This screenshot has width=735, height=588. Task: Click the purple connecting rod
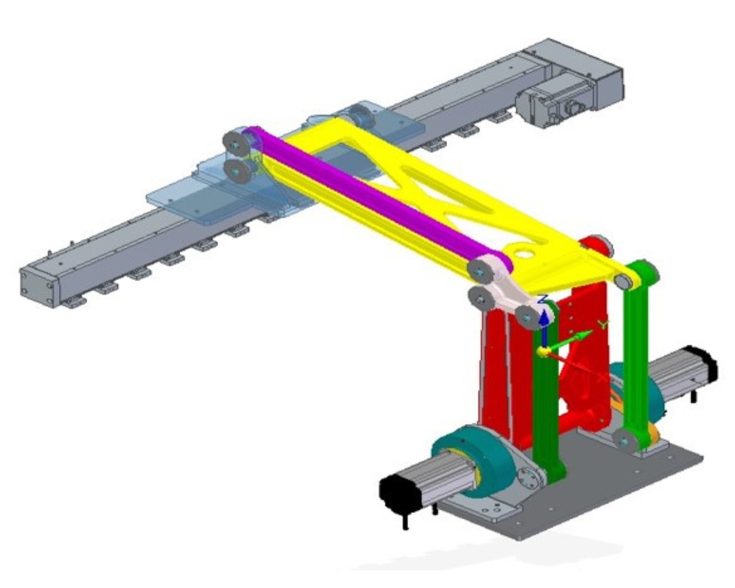(371, 198)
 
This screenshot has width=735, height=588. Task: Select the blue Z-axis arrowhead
(544, 318)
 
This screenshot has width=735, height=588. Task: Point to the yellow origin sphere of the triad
(542, 352)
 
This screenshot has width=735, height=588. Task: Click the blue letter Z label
(543, 299)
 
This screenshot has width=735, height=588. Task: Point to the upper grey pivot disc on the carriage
(237, 142)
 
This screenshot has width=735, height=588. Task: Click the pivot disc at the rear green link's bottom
(625, 441)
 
